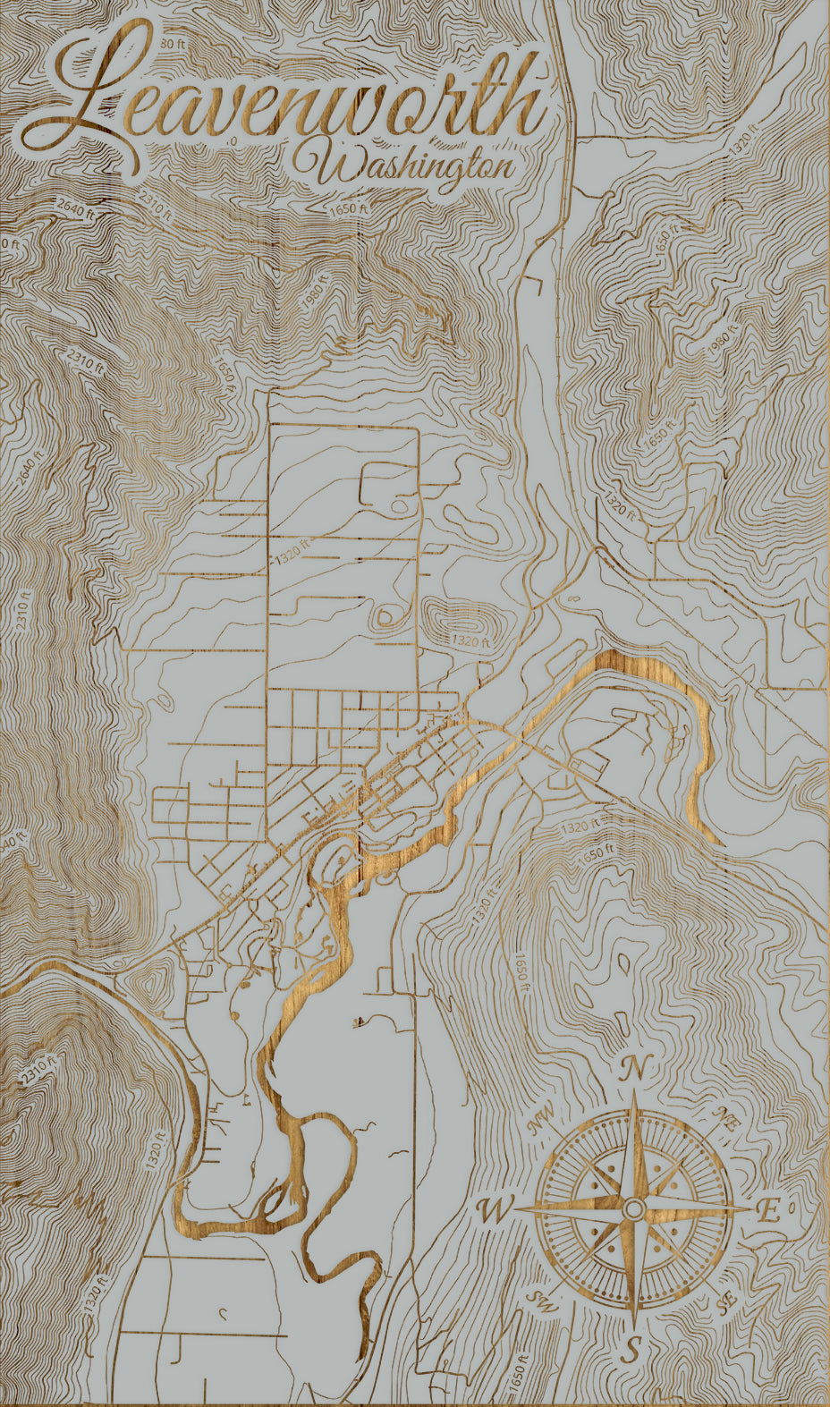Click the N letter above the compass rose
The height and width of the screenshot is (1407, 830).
click(634, 1067)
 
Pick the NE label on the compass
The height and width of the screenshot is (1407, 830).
click(724, 1119)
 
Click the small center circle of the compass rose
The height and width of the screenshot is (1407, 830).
click(633, 1209)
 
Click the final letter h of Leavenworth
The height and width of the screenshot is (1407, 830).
click(523, 103)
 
